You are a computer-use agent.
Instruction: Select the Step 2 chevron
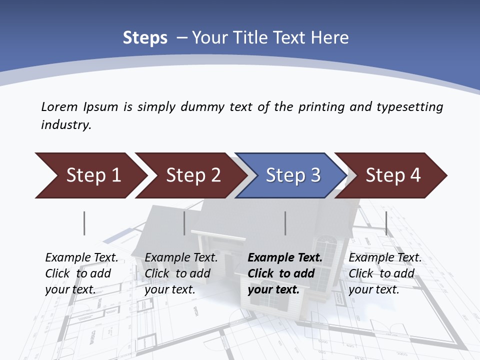(x=192, y=175)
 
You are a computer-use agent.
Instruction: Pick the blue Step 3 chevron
(x=292, y=175)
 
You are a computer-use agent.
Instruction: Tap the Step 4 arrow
(x=393, y=175)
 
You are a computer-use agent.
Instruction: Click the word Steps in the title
(x=145, y=38)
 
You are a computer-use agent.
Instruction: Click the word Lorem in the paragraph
(x=59, y=106)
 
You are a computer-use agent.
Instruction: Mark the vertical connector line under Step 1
(x=84, y=223)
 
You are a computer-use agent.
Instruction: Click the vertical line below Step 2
(x=184, y=223)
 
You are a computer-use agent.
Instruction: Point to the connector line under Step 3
(x=285, y=223)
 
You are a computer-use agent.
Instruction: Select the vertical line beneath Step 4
(x=386, y=223)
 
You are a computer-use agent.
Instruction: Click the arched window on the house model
(x=329, y=250)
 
